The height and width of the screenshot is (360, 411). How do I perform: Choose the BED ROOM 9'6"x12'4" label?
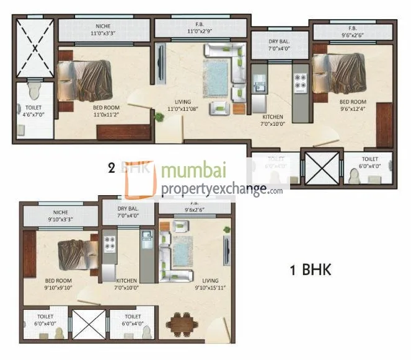[352, 106]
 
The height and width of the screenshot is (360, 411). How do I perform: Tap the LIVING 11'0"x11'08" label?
[182, 106]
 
